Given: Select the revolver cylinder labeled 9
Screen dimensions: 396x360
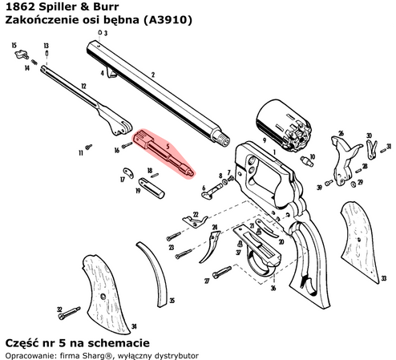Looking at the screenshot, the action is tap(284, 126).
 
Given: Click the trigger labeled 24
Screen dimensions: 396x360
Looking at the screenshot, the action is tap(209, 246).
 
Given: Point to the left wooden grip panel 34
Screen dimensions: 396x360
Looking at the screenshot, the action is tap(107, 295).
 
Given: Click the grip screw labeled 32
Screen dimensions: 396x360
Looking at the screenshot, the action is tap(69, 313).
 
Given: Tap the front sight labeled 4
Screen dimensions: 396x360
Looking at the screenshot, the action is tap(111, 73).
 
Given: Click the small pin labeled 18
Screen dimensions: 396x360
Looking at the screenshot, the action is tap(155, 176).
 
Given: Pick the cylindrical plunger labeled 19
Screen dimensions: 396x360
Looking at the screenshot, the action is tap(152, 188).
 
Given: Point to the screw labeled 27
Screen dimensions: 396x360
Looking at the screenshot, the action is tap(221, 273).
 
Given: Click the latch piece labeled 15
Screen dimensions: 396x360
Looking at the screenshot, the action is tap(22, 55).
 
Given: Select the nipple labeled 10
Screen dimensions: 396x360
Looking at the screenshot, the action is tap(307, 161).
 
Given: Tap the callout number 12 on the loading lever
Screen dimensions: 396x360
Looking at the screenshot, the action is tap(83, 87).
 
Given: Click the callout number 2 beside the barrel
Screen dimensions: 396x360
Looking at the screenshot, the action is tap(153, 75).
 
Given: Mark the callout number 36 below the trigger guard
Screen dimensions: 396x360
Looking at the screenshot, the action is tap(273, 288).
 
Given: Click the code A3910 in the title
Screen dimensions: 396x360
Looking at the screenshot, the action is tap(168, 20).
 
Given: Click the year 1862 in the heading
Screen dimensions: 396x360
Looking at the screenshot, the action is tap(20, 6).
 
